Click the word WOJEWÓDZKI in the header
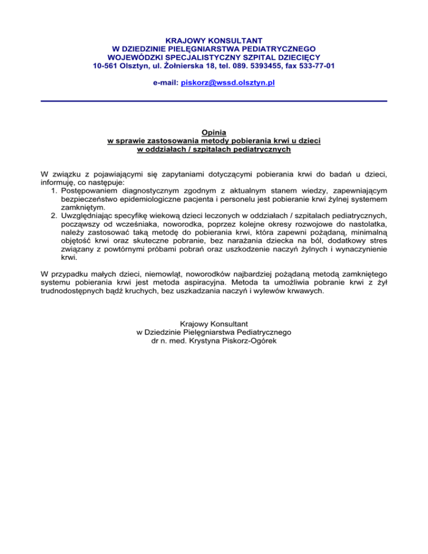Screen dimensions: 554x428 click(134, 57)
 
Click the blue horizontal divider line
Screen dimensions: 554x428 click(214, 101)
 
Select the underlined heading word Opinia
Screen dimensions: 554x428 click(214, 133)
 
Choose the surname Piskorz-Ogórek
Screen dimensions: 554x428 click(258, 341)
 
